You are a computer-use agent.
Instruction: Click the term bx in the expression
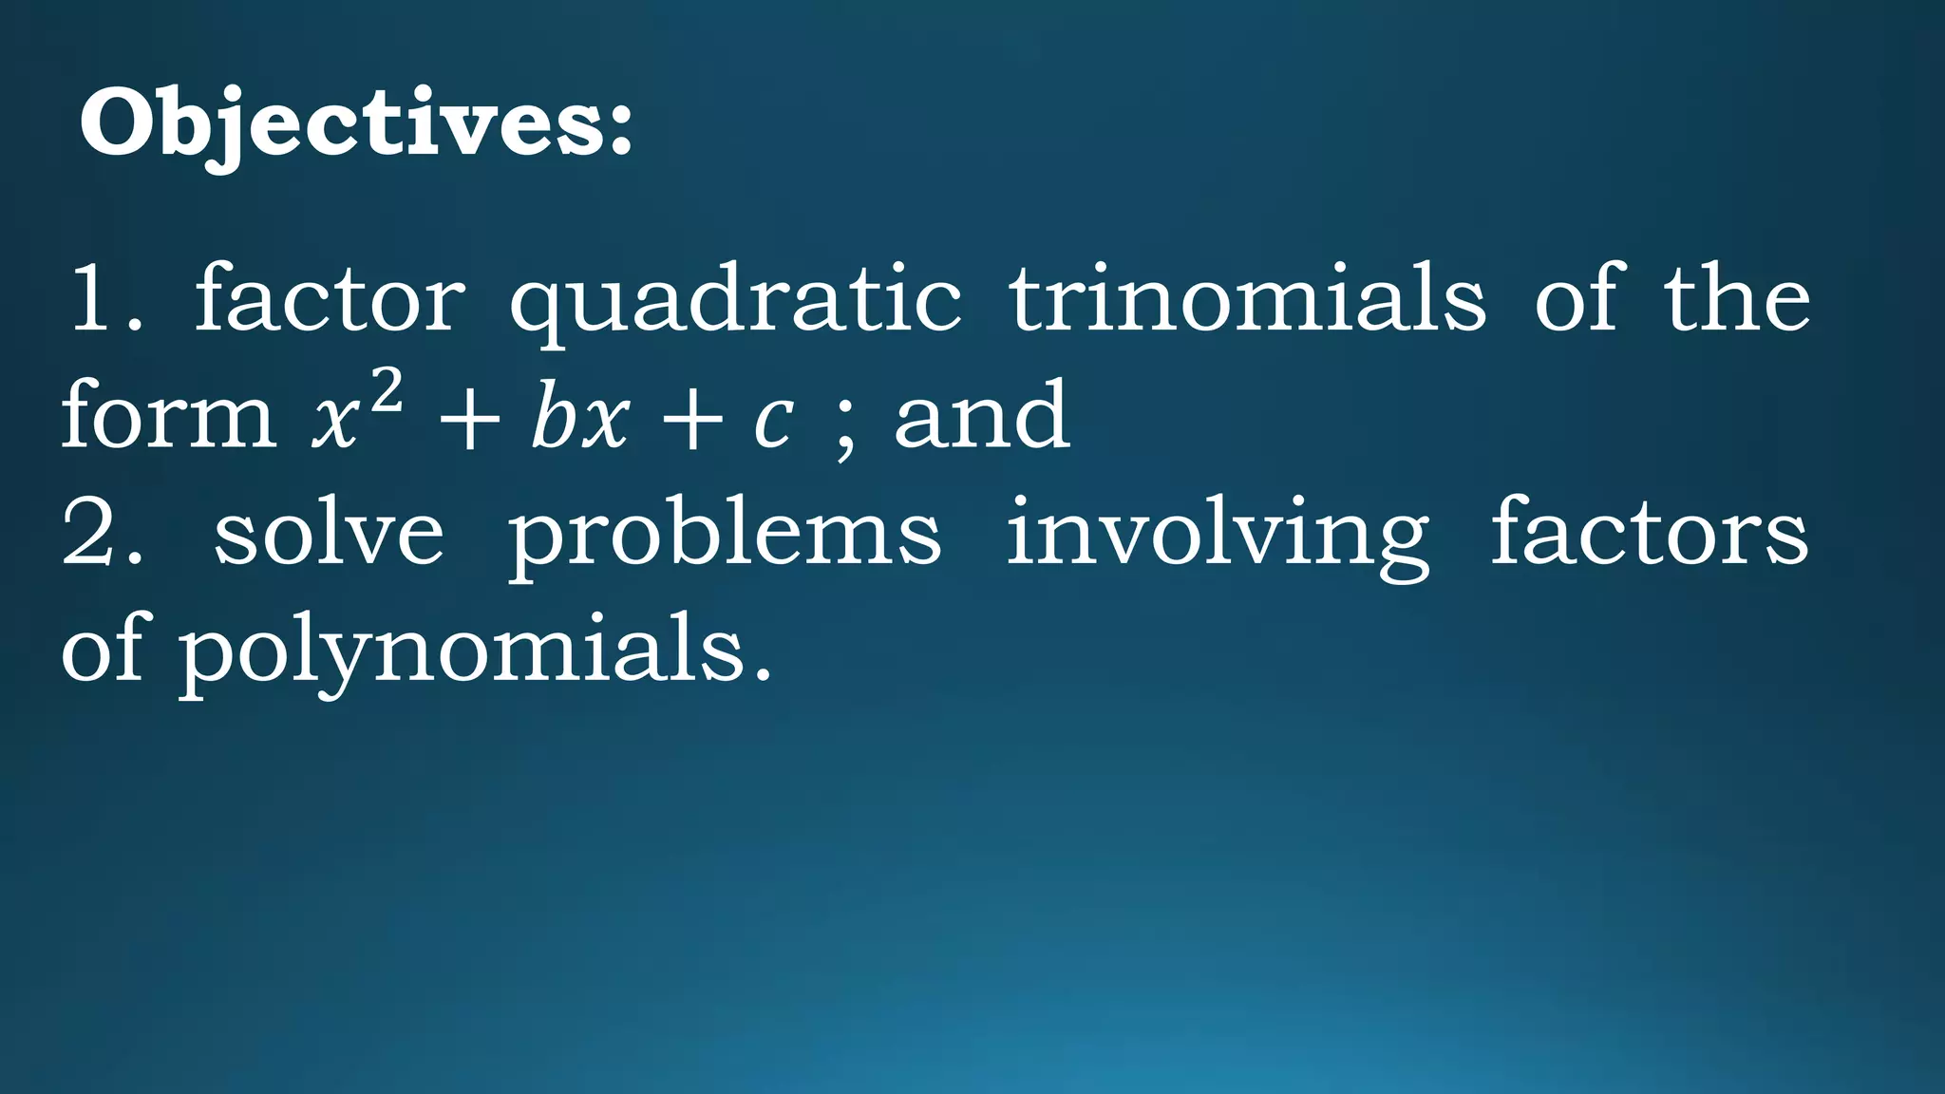pos(579,418)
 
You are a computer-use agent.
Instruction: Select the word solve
pos(329,534)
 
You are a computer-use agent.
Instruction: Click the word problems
pos(724,538)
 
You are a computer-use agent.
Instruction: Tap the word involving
pos(1218,538)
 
